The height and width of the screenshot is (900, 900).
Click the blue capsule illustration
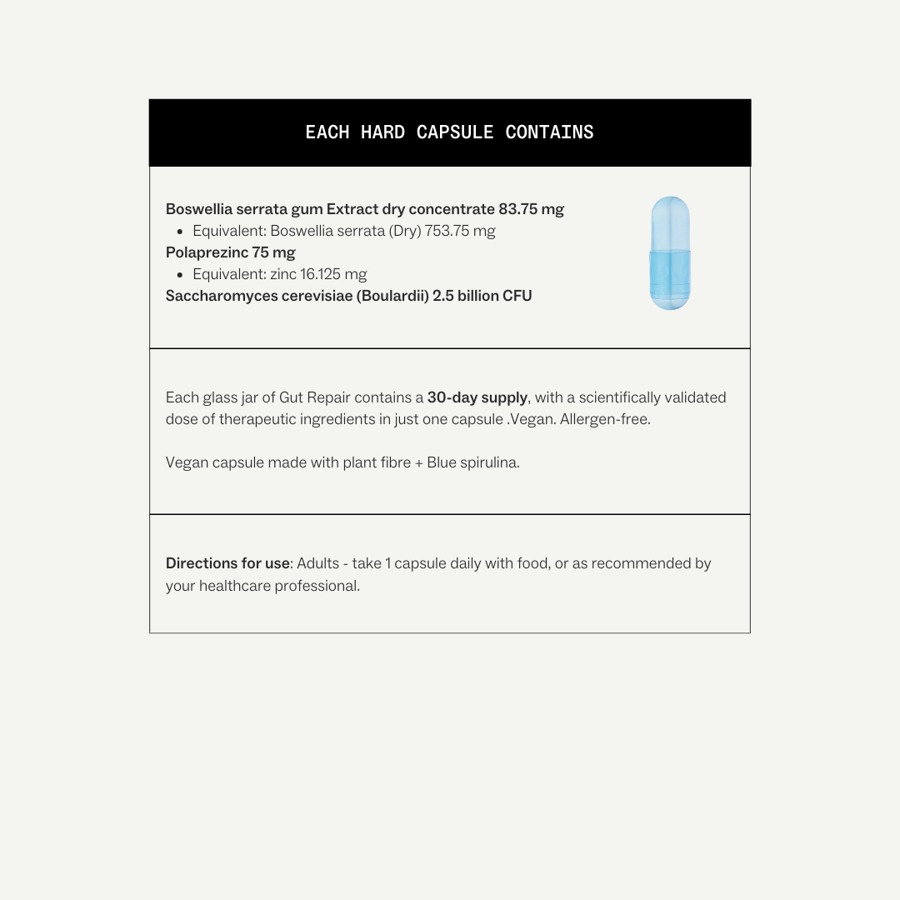(x=670, y=253)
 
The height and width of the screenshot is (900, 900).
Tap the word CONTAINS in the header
(x=549, y=132)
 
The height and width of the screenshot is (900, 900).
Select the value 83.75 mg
(x=531, y=209)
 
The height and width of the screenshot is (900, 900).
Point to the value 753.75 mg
(x=460, y=231)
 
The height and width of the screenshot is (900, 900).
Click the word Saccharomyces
(x=217, y=296)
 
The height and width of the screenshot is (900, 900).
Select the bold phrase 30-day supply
(x=477, y=397)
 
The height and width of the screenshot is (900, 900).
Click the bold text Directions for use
(x=227, y=563)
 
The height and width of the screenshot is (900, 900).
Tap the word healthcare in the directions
(x=235, y=586)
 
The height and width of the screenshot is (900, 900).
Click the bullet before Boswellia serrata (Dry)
(x=180, y=232)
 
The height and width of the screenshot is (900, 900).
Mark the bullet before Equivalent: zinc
(x=180, y=275)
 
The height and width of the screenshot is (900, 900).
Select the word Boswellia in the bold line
(x=199, y=209)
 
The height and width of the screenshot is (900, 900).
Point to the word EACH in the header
(x=327, y=132)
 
